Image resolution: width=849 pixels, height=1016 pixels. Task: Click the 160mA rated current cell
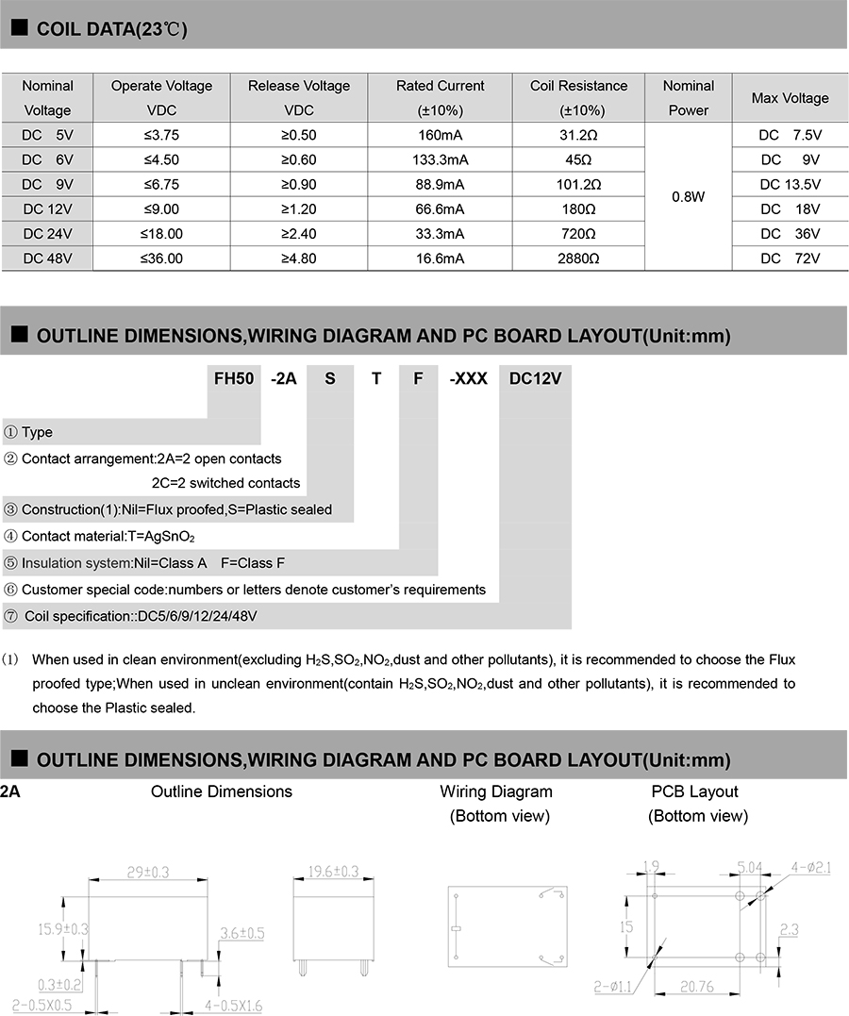[x=441, y=135]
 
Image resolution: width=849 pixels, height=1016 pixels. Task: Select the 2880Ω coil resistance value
[x=578, y=258]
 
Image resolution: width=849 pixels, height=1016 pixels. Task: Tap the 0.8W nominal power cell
[x=688, y=197]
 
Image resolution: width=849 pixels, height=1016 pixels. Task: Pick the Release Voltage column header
[x=299, y=97]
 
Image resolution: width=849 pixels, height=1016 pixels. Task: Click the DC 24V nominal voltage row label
[x=47, y=233]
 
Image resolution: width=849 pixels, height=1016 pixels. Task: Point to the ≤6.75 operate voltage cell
[x=161, y=184]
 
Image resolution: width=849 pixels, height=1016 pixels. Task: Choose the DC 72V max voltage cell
[x=790, y=258]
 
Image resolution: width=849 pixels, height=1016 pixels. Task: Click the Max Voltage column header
[x=790, y=98]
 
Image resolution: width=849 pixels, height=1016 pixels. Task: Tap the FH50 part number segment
[x=234, y=378]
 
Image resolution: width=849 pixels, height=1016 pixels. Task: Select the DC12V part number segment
[x=535, y=378]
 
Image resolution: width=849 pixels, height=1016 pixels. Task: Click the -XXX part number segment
[x=468, y=378]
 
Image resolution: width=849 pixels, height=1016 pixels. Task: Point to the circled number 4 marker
[x=10, y=536]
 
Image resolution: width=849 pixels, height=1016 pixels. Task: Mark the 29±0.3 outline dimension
[x=147, y=873]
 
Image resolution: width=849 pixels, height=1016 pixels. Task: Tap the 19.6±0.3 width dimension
[x=333, y=873]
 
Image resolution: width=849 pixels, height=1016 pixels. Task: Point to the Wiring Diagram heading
[x=496, y=791]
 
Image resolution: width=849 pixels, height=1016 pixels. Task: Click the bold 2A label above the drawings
[x=10, y=791]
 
